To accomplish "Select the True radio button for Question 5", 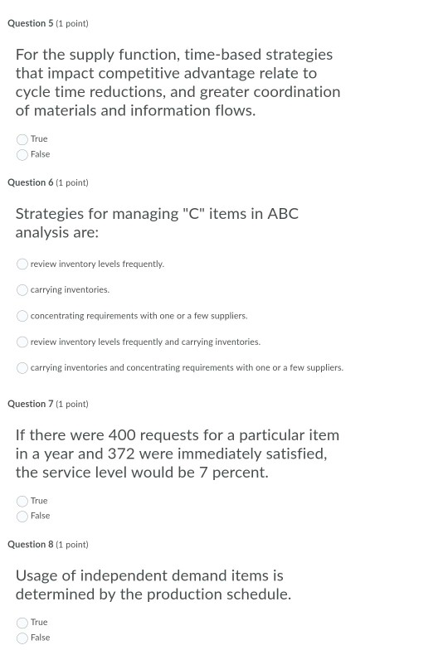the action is (x=22, y=139).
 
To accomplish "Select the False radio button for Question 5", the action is (x=22, y=154).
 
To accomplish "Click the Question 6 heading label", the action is (x=47, y=182).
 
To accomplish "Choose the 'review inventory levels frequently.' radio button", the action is (x=22, y=264).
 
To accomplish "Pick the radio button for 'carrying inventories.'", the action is (x=22, y=290).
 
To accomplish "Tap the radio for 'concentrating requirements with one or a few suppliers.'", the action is (x=22, y=316).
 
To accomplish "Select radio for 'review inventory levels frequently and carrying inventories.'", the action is (x=22, y=342).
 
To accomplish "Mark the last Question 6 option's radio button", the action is (x=22, y=367).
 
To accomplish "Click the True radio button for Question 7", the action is (x=22, y=501).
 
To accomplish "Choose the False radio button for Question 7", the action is (x=22, y=516).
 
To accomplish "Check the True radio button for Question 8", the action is (x=22, y=623).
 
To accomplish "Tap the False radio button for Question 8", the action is (x=22, y=638).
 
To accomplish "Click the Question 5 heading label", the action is (x=47, y=23).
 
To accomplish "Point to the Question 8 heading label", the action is (x=47, y=545).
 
